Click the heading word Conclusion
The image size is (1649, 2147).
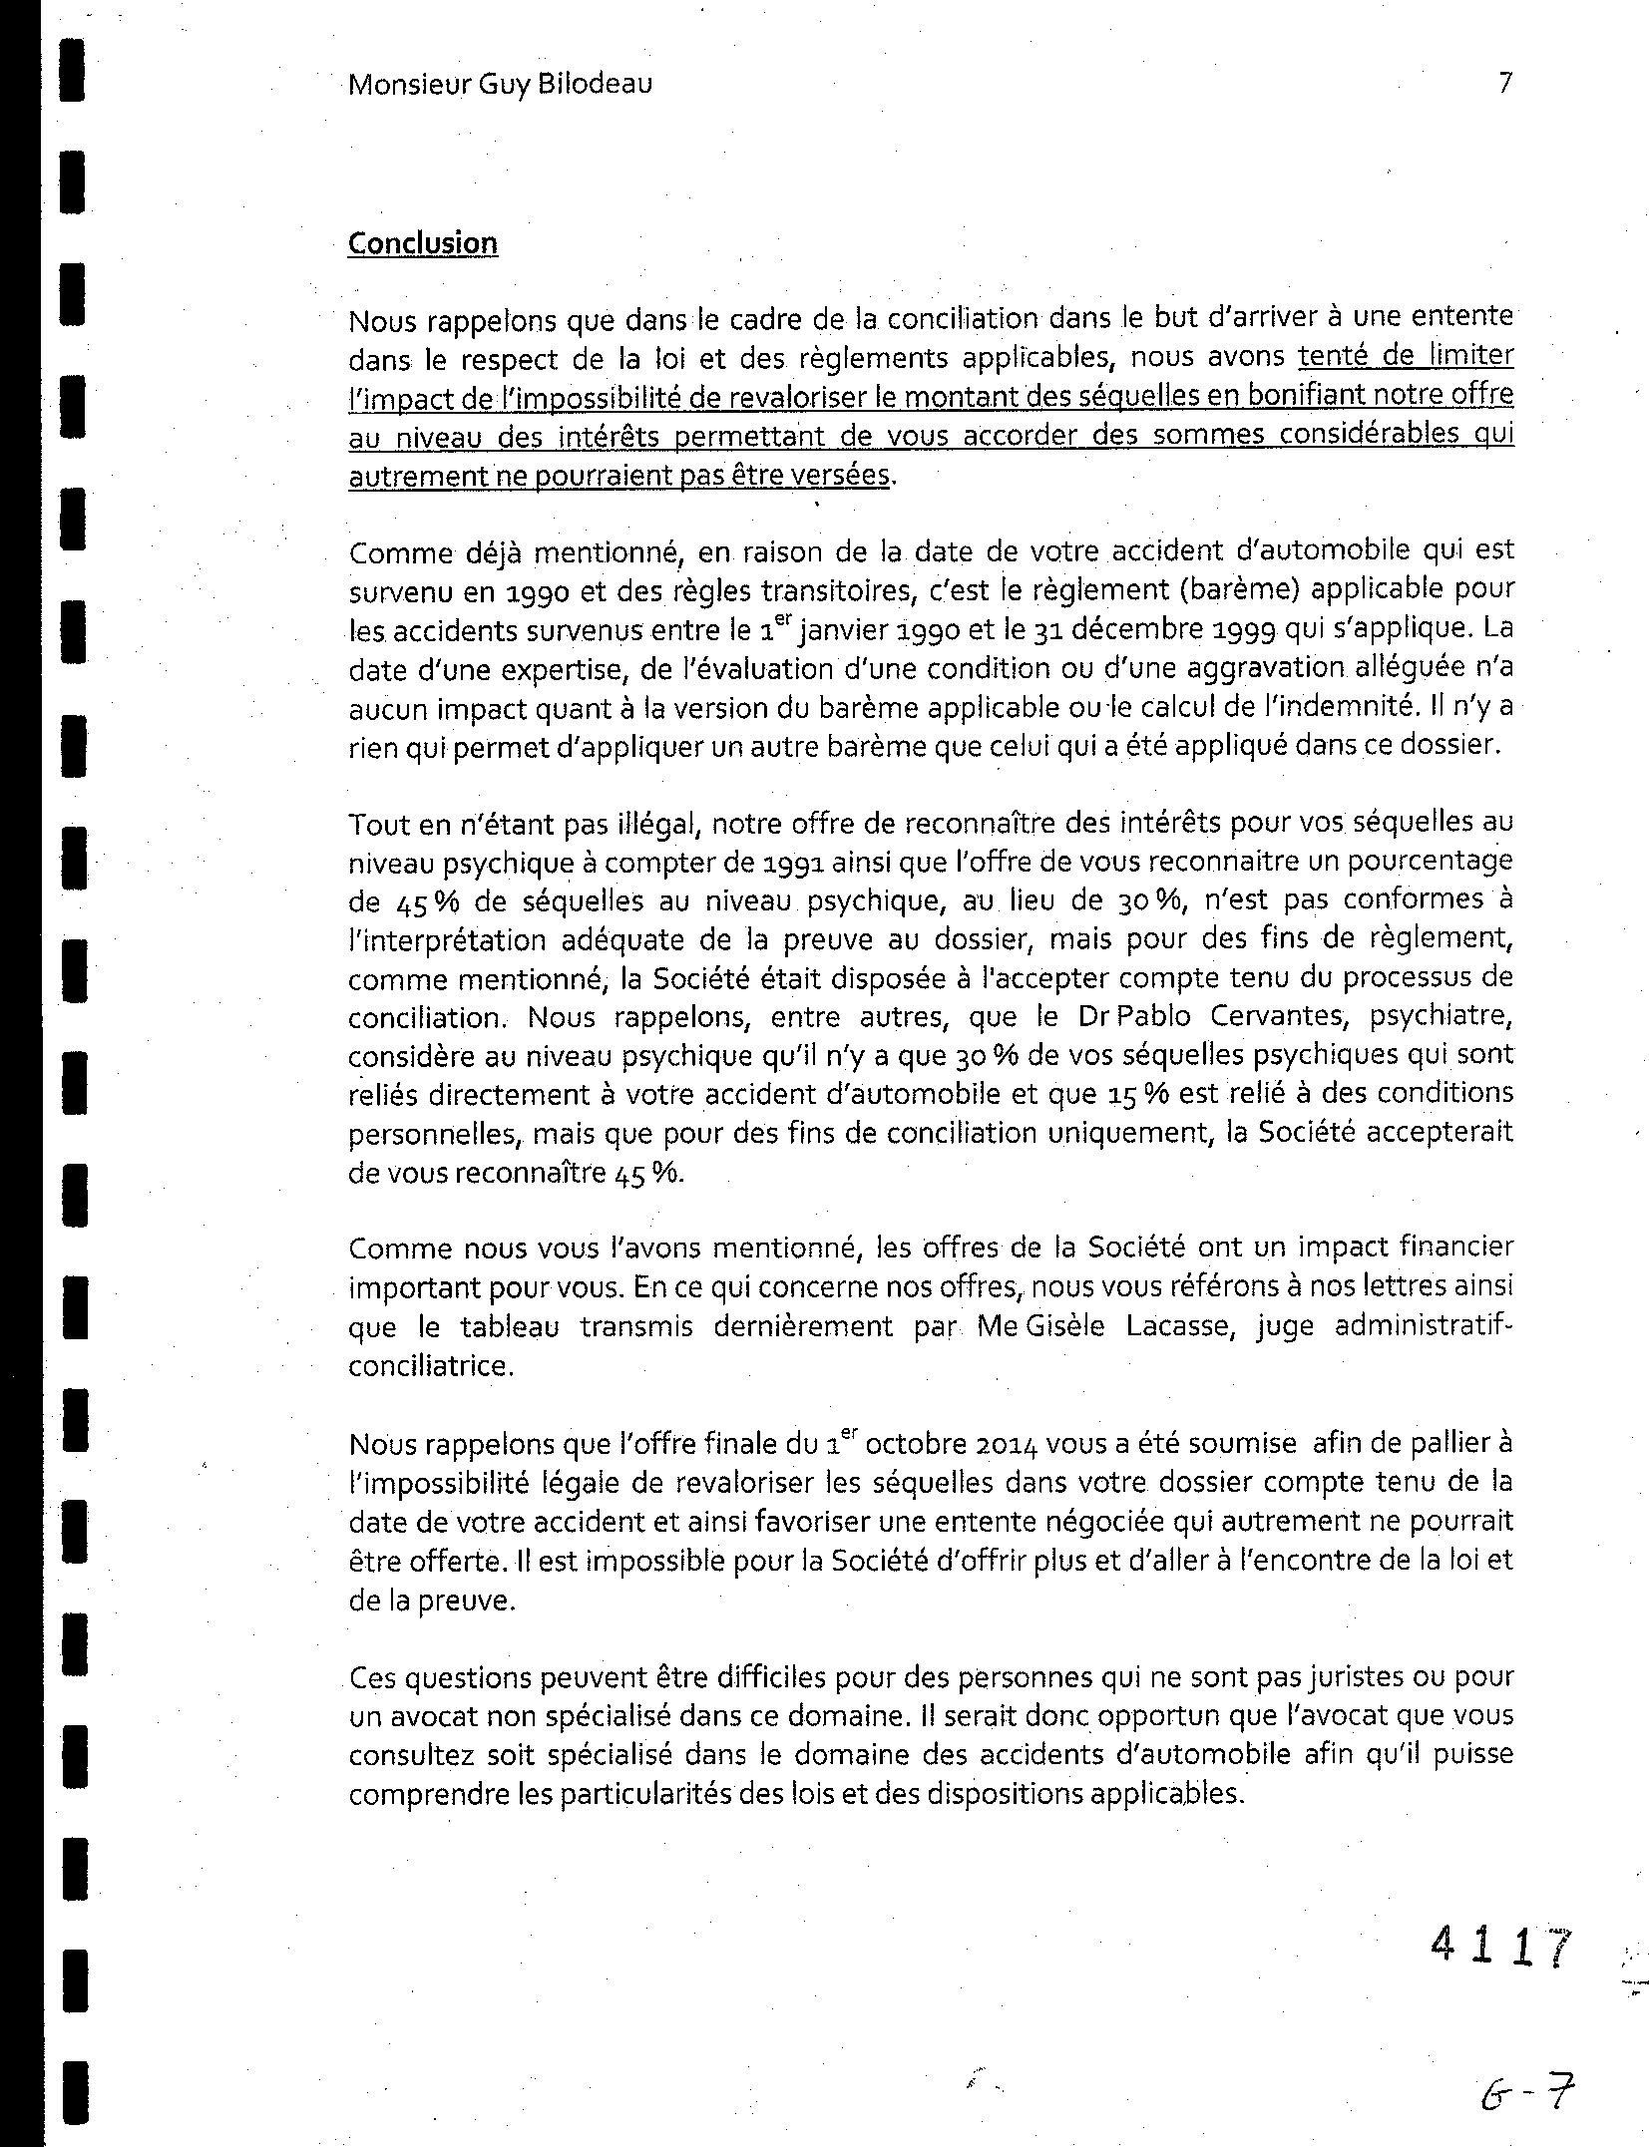(x=422, y=244)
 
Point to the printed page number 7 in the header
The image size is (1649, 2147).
(x=1505, y=83)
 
